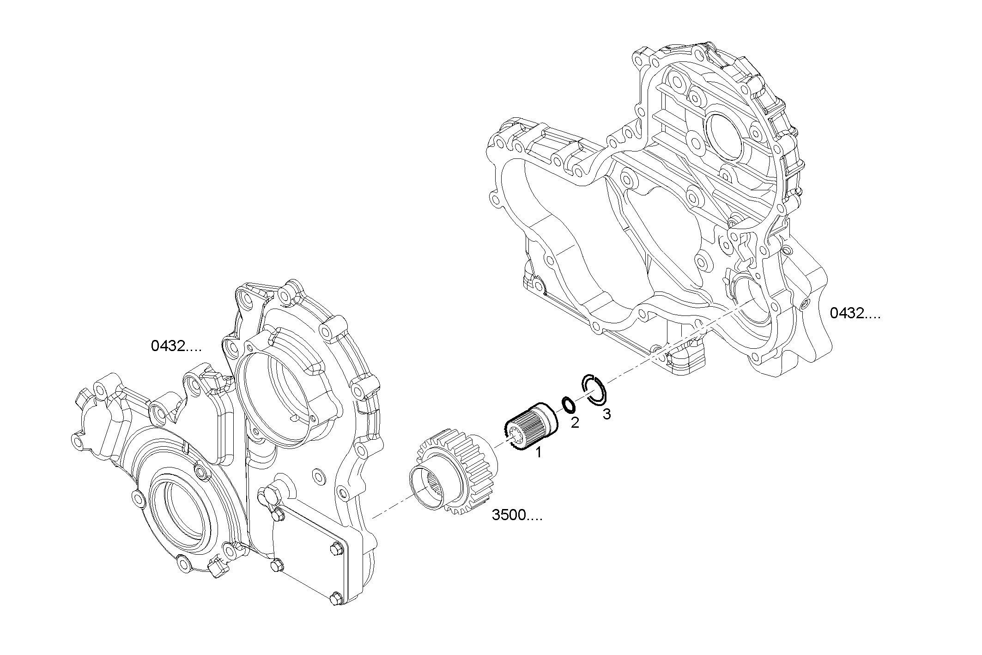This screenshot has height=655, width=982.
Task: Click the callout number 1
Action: click(x=538, y=453)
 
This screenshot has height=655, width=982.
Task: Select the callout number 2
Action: click(x=575, y=422)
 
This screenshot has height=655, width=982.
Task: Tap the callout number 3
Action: click(x=606, y=414)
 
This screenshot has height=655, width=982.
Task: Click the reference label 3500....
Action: click(x=516, y=516)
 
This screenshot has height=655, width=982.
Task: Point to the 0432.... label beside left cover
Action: click(x=176, y=346)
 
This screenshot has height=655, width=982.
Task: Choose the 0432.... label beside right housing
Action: click(x=855, y=313)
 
